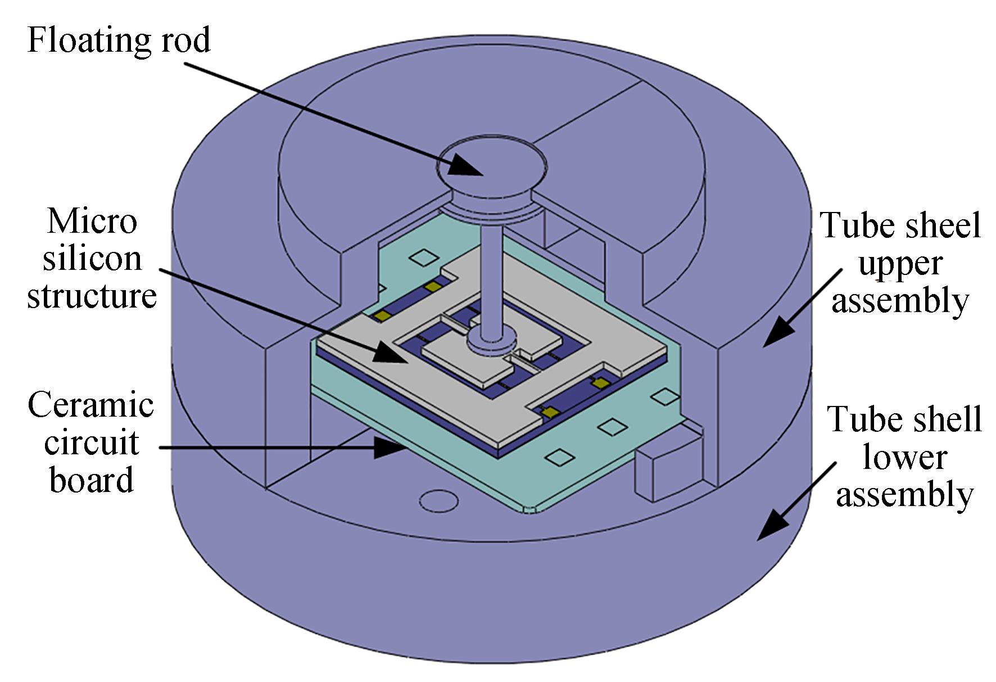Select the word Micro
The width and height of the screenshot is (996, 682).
pyautogui.click(x=92, y=221)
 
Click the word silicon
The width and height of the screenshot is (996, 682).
pyautogui.click(x=92, y=258)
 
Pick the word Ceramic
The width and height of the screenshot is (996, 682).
pyautogui.click(x=90, y=405)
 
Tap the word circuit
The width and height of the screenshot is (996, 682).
pyautogui.click(x=92, y=442)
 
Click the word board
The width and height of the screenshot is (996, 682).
pyautogui.click(x=92, y=480)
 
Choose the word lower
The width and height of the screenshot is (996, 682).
pyautogui.click(x=905, y=458)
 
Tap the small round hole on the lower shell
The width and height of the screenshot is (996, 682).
pyautogui.click(x=439, y=500)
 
